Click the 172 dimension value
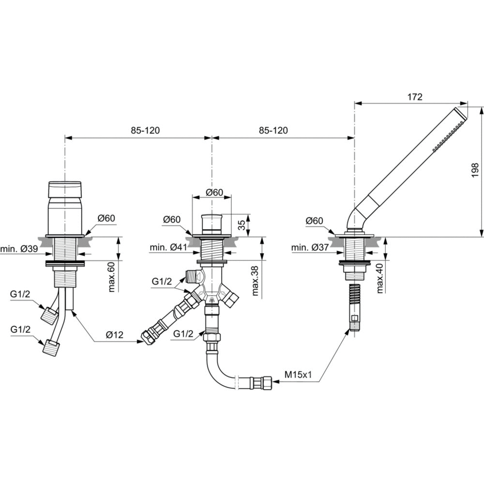[x=415, y=97]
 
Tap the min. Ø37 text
[x=311, y=248]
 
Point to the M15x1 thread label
[x=297, y=375]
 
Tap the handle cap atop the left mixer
[x=65, y=189]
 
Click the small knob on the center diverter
[x=212, y=223]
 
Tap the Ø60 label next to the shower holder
[x=315, y=221]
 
